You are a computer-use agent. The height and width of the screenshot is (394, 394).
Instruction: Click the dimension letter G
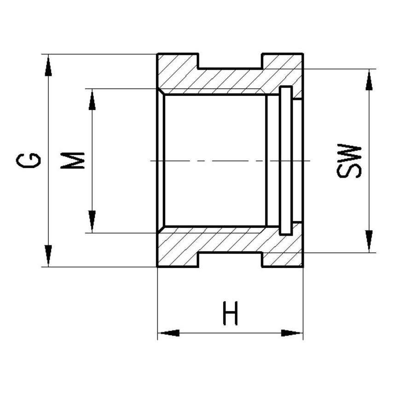tap(28, 160)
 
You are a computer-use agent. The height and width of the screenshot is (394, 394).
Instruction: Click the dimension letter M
tap(72, 160)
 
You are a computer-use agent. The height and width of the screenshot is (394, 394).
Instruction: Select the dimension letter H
tap(230, 313)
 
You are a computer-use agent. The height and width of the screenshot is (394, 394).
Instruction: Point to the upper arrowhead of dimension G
tap(48, 66)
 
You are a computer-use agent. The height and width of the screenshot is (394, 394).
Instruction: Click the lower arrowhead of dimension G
tap(48, 255)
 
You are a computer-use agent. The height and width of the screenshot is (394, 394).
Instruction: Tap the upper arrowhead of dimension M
tap(92, 100)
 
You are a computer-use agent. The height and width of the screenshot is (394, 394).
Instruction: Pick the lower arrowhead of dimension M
tap(92, 221)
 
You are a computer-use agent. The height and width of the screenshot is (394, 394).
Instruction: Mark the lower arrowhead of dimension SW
tap(369, 240)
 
